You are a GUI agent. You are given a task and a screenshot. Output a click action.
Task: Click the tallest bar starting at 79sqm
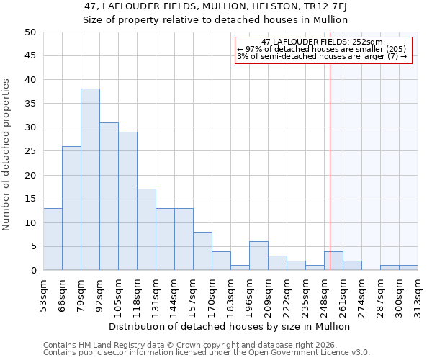(x=90, y=179)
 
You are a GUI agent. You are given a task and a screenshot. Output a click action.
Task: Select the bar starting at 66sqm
(x=71, y=208)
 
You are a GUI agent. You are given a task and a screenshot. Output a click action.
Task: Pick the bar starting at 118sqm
(x=146, y=230)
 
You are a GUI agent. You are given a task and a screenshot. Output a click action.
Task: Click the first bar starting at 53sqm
(x=53, y=239)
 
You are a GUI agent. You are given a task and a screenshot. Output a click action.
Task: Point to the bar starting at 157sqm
(x=202, y=251)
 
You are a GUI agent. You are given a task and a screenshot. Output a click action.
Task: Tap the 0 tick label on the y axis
(x=32, y=271)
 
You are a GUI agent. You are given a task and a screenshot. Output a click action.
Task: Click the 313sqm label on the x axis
(x=418, y=294)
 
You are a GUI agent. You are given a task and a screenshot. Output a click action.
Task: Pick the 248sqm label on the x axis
(x=325, y=294)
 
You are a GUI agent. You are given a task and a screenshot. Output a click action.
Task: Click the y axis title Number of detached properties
(x=6, y=155)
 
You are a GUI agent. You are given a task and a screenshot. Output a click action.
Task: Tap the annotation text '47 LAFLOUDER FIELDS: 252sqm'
(x=322, y=42)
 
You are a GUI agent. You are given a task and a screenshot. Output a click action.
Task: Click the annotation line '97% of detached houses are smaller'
(x=322, y=50)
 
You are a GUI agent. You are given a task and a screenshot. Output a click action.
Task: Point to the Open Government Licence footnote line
(x=207, y=352)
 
